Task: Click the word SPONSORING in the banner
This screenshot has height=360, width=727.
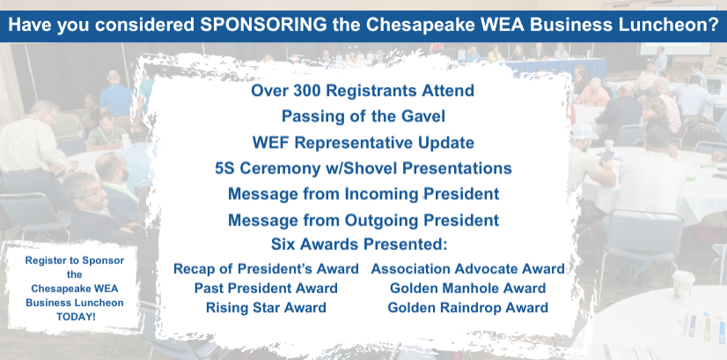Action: (x=263, y=25)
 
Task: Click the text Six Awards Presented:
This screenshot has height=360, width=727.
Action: (x=359, y=244)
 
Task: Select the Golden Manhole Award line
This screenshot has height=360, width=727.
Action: (x=468, y=288)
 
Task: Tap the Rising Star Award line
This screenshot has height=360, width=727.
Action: (x=266, y=307)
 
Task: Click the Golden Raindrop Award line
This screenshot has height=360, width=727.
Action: (x=468, y=307)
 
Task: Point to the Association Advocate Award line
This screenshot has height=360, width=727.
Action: (x=468, y=268)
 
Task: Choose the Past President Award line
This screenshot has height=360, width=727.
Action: (x=266, y=288)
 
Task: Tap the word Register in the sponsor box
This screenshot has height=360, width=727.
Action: (x=44, y=261)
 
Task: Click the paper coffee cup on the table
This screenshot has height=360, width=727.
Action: (x=683, y=284)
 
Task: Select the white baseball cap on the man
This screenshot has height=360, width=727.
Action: (x=584, y=131)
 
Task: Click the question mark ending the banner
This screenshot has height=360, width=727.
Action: (x=714, y=25)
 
